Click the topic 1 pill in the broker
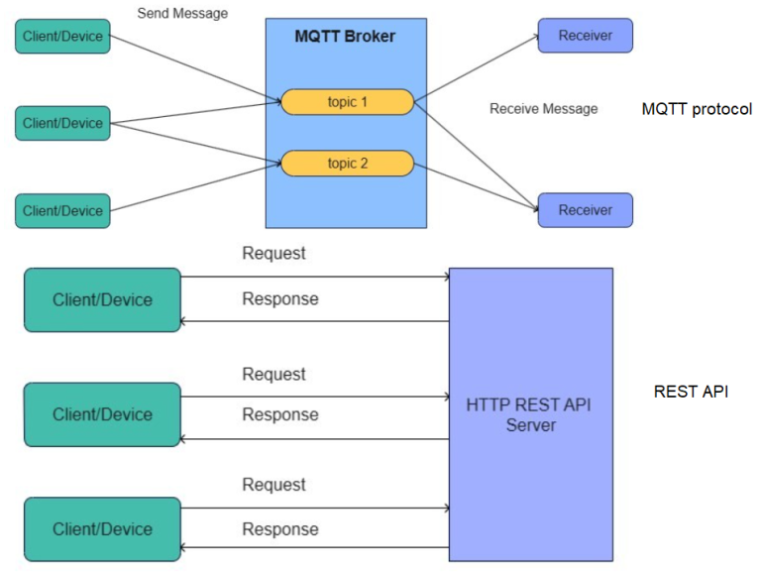point(347,102)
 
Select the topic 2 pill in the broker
point(347,164)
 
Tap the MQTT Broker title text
point(345,37)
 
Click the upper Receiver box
point(585,36)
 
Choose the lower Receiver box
point(585,210)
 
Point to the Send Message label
point(182,14)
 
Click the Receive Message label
point(543,108)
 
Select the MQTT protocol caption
point(697,109)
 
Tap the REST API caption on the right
point(691,392)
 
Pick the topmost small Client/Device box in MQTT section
point(62,36)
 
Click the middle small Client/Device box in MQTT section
point(62,123)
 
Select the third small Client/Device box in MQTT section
point(62,210)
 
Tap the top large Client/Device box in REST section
point(102,299)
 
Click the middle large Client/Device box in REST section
point(102,414)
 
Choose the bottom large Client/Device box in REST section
point(102,529)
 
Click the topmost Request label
point(273,254)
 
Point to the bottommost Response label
point(279,529)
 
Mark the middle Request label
point(273,375)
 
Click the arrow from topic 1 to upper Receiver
point(476,68)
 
